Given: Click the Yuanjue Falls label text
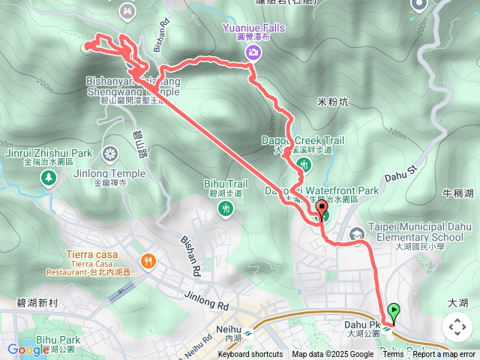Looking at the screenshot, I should (253, 28).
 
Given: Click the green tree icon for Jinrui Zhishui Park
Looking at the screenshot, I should (49, 177).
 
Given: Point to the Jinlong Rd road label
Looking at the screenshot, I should (204, 301).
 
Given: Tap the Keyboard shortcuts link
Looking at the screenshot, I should (250, 355).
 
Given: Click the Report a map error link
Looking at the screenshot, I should (444, 355).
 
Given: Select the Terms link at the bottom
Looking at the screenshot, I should (393, 355).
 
